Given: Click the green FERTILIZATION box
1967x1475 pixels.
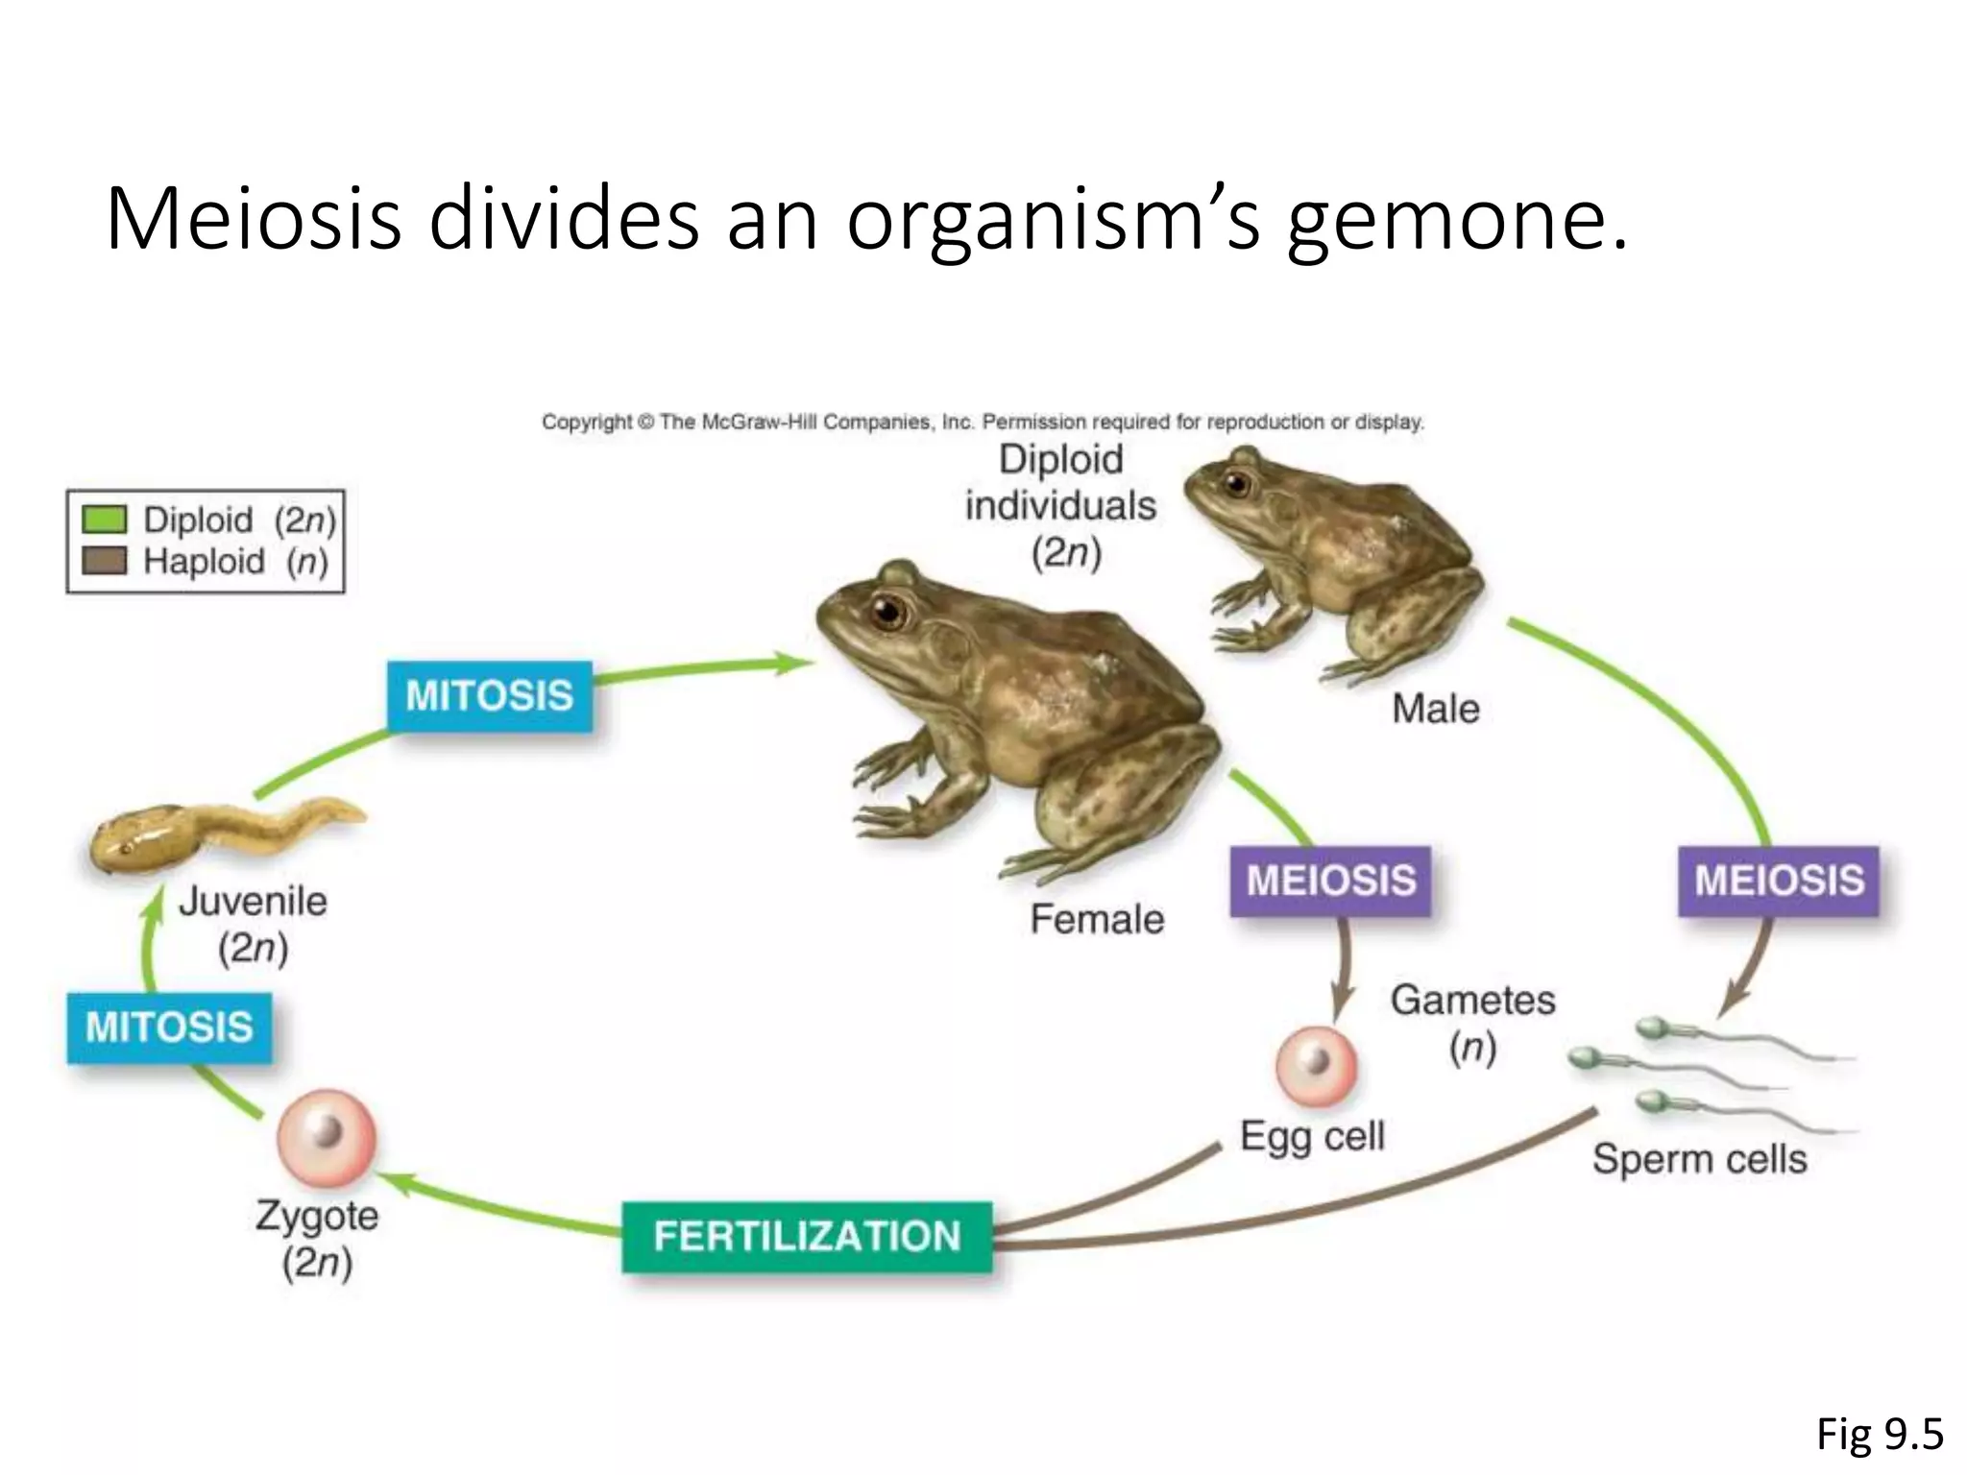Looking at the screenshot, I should [807, 1237].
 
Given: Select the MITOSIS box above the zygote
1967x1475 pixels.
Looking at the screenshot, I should [169, 1028].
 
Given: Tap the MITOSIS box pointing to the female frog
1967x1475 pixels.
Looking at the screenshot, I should [489, 695].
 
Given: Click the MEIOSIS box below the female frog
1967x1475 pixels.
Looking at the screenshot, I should [1330, 881].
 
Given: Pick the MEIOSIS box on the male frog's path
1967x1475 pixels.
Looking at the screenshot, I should [1779, 881].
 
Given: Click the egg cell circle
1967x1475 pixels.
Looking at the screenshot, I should [1316, 1066].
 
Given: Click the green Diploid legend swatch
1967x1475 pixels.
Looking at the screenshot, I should [105, 520].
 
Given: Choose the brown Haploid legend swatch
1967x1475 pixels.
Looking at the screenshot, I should [105, 561].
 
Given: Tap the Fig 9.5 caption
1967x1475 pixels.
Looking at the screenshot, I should [1880, 1435].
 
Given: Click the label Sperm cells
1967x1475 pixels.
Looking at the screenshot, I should [1699, 1159].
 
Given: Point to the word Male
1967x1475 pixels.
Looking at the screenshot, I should [1435, 710].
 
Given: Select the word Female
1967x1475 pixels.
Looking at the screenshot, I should [1097, 920].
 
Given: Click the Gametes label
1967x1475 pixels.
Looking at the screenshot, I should [1472, 1001].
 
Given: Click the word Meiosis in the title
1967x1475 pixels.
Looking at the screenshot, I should [253, 221].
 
